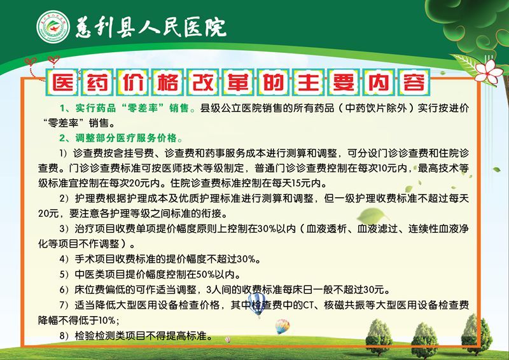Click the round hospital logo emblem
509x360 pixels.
pos(53,27)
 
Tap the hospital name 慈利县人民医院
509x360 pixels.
pos(151,27)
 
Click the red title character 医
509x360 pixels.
pos(62,82)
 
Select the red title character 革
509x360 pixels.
pos(238,82)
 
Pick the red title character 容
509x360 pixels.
pos(414,82)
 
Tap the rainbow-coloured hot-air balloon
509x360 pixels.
pos(282,326)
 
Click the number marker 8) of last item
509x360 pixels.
pos(64,336)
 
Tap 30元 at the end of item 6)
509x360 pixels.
pos(374,289)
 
